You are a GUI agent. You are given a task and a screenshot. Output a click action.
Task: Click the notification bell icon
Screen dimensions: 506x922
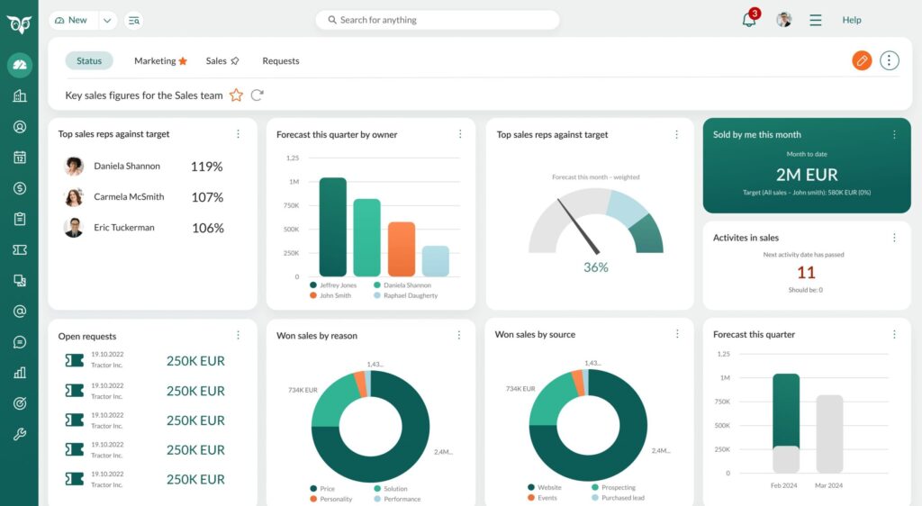coord(749,20)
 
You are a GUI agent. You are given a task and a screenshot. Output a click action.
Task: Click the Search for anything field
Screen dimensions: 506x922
coord(438,20)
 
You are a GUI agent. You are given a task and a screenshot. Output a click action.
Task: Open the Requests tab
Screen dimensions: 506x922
coord(281,61)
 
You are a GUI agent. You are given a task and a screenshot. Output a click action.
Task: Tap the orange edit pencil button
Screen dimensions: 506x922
coord(862,60)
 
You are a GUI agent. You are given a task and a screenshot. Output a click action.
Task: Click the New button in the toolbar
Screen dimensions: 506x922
coord(73,20)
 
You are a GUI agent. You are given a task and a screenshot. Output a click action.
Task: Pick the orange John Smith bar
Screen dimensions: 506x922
coord(402,248)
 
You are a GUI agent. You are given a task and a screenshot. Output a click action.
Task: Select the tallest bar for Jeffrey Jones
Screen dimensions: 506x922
coord(333,227)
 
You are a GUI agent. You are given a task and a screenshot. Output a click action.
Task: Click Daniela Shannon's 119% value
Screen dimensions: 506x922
coord(207,167)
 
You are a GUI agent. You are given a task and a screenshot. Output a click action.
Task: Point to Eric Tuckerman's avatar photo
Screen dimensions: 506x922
coord(74,228)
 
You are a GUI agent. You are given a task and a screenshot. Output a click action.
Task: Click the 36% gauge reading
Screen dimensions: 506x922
coord(596,267)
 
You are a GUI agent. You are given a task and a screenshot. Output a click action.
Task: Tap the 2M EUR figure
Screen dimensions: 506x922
coord(807,175)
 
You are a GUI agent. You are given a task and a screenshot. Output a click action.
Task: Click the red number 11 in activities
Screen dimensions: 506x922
coord(806,273)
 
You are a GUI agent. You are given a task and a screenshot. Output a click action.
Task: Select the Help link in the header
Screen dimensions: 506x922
coord(852,20)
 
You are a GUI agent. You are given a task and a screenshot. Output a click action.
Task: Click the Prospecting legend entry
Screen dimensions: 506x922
coord(618,487)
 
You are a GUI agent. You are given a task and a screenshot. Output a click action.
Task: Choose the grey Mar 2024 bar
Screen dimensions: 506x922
coord(829,433)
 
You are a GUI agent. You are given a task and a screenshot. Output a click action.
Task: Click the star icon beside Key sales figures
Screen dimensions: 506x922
coord(236,95)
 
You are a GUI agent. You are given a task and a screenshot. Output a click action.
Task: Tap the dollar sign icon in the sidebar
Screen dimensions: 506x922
coord(20,188)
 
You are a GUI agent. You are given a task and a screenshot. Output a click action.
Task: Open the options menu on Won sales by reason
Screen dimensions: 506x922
coord(460,335)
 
